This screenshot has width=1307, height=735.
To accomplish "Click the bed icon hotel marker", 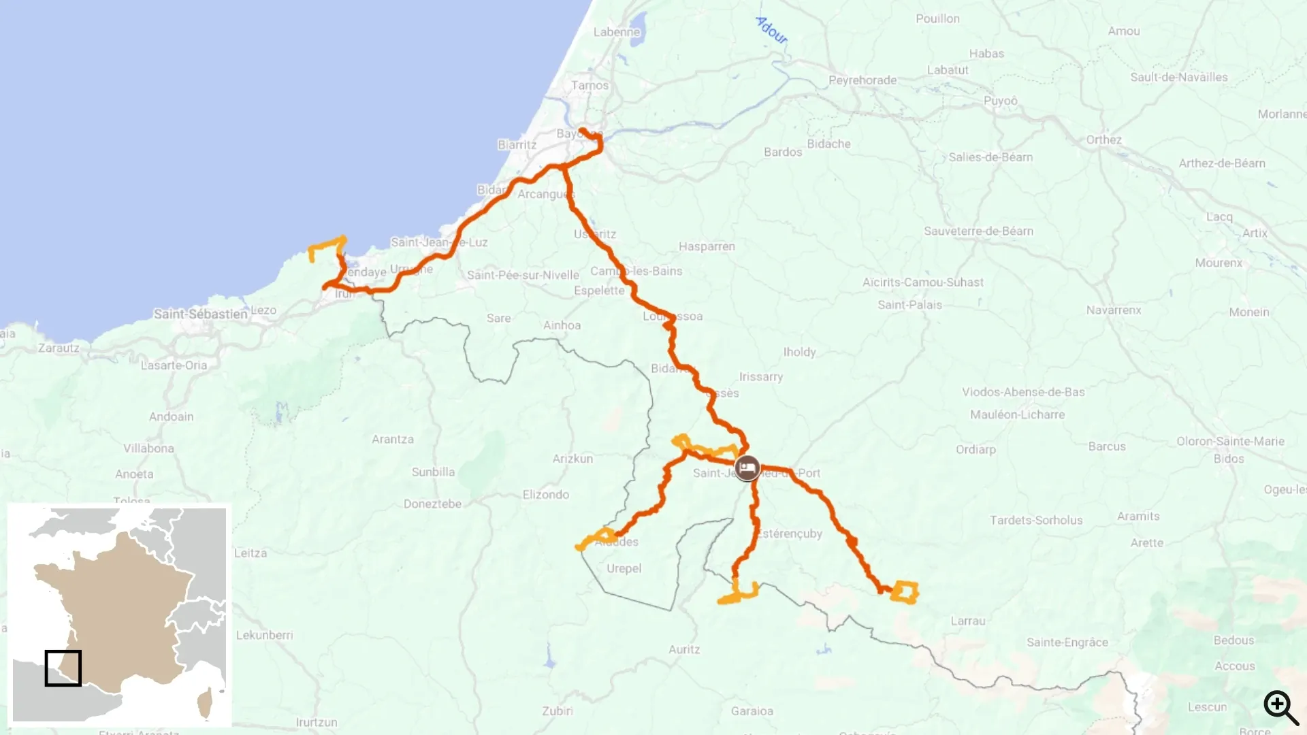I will pyautogui.click(x=747, y=468).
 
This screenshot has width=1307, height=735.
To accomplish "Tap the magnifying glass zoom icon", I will pyautogui.click(x=1280, y=707).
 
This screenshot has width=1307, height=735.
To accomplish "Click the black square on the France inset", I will pyautogui.click(x=63, y=668).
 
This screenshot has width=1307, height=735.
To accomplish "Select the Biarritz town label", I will pyautogui.click(x=517, y=145).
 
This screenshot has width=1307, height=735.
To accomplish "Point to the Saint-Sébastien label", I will pyautogui.click(x=200, y=314).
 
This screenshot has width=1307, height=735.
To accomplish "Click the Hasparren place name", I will pyautogui.click(x=707, y=246).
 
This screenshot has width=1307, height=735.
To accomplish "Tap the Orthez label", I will pyautogui.click(x=1103, y=140).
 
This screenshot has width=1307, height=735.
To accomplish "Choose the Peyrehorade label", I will pyautogui.click(x=862, y=80).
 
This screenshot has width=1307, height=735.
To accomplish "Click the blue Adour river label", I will pyautogui.click(x=772, y=30).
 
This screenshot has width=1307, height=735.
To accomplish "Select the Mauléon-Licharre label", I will pyautogui.click(x=1017, y=414).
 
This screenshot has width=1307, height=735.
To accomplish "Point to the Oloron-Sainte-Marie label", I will pyautogui.click(x=1230, y=441).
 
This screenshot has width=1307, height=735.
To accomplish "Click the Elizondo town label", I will pyautogui.click(x=545, y=495).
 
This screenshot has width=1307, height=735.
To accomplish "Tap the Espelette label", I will pyautogui.click(x=599, y=291).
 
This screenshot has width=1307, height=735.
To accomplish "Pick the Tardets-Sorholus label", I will pyautogui.click(x=1036, y=520).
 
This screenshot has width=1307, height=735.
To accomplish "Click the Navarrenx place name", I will pyautogui.click(x=1113, y=310).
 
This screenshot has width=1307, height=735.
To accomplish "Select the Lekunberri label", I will pyautogui.click(x=264, y=635).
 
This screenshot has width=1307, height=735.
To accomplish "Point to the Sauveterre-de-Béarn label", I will pyautogui.click(x=978, y=231).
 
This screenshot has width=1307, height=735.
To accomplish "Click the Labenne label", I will pyautogui.click(x=616, y=32).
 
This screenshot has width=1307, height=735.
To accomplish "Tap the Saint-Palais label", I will pyautogui.click(x=909, y=305).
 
